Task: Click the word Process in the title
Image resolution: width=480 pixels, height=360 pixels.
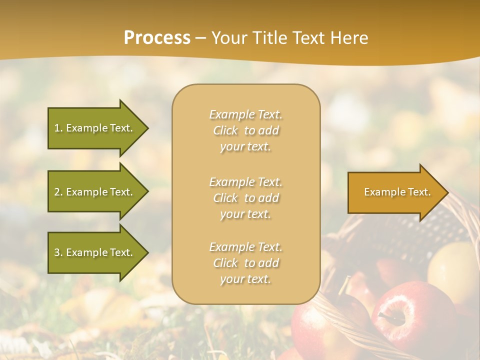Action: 157,38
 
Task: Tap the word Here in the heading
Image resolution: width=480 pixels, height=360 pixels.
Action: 348,38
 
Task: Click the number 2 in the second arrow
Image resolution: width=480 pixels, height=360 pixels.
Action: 57,192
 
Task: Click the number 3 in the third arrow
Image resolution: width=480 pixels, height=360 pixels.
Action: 57,252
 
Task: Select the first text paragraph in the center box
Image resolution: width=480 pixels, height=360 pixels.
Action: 245,130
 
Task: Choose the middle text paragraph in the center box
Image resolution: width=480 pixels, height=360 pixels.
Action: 245,198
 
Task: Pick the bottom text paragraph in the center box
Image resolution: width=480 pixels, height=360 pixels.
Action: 245,263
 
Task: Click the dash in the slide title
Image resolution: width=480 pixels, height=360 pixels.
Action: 200,38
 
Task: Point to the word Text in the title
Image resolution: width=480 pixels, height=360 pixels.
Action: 307,38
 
